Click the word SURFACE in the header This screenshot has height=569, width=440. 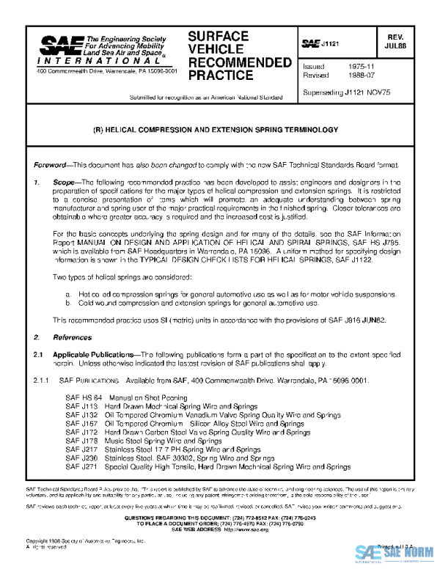218,37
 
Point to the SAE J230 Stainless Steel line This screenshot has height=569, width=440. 173,458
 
